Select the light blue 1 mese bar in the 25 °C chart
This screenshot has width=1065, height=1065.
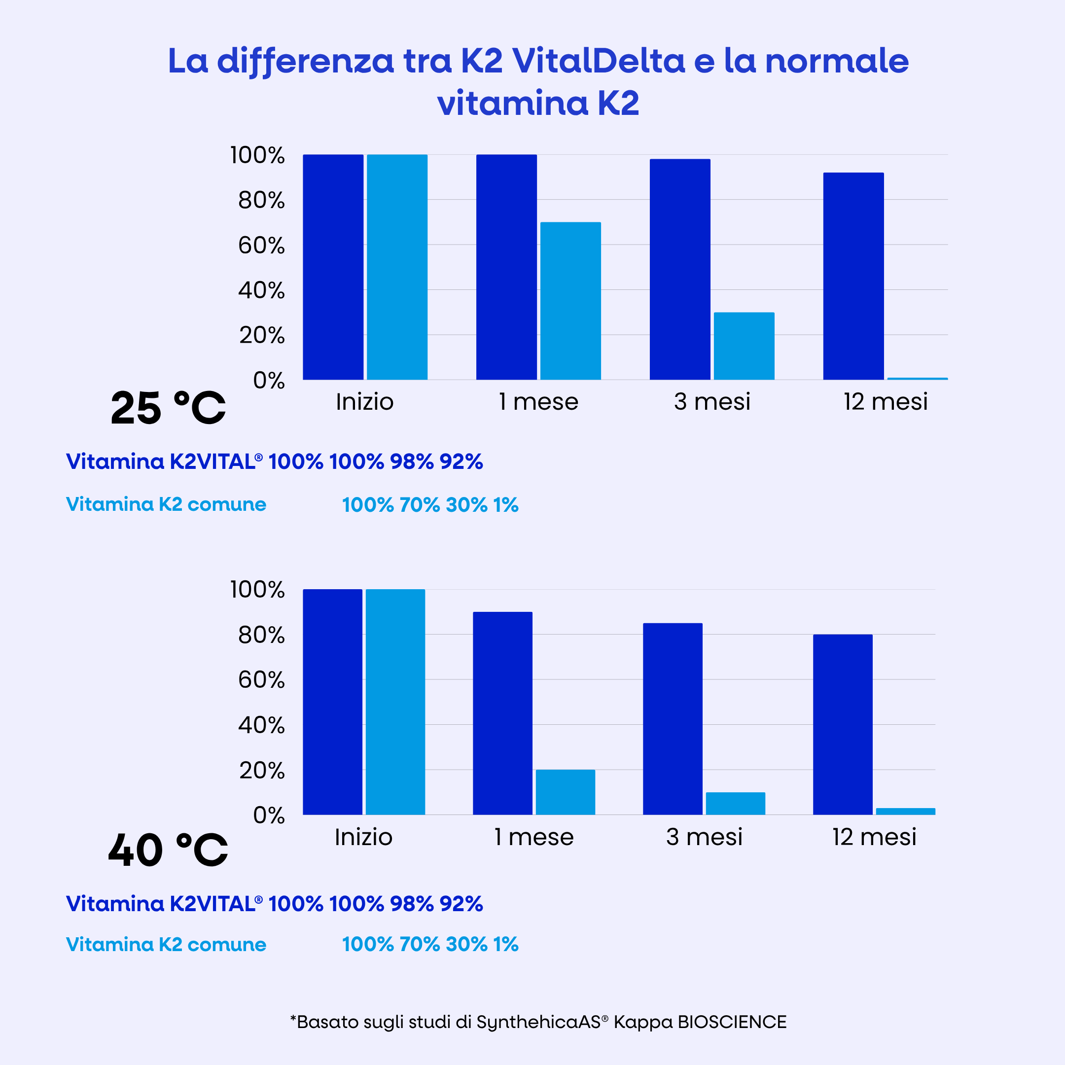(x=570, y=300)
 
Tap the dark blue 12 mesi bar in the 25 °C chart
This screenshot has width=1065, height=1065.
(x=853, y=276)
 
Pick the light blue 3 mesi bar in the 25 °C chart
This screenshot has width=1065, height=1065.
(x=744, y=346)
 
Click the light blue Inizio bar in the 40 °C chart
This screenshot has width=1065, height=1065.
(x=395, y=701)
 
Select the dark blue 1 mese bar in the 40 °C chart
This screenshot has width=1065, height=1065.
(x=502, y=713)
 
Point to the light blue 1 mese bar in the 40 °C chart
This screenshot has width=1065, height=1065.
(x=565, y=791)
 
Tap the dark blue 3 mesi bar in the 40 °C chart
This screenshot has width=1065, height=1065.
(x=673, y=718)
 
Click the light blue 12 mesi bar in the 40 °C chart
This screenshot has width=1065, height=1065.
(x=905, y=811)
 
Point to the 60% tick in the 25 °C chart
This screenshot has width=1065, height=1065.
(x=261, y=246)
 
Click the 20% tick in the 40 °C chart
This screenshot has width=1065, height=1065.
(x=262, y=771)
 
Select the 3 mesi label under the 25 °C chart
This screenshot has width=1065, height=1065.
(x=711, y=401)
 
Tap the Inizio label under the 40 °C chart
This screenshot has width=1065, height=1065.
(x=363, y=837)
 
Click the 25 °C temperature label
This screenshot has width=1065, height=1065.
(x=168, y=408)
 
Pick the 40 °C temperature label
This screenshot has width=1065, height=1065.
(x=168, y=850)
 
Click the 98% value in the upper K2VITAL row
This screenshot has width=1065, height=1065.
(x=412, y=461)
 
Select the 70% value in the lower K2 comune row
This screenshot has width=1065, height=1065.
(x=420, y=944)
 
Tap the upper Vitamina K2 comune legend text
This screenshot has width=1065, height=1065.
(x=166, y=504)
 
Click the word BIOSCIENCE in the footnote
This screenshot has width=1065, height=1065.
(x=732, y=1022)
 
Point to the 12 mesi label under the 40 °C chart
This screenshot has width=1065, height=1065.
(x=874, y=837)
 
